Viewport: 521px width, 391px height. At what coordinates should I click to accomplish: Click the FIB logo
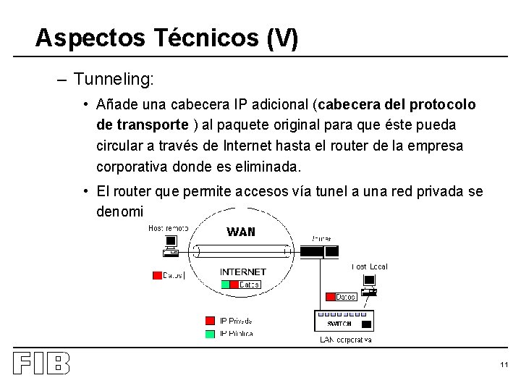coord(41,363)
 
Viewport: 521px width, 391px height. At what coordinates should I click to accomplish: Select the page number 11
coord(504,364)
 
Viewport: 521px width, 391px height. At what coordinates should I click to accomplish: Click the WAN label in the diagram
coord(241,232)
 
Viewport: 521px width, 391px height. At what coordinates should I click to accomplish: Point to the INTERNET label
coord(243,272)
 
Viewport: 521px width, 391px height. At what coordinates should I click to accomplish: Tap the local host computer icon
coord(369,285)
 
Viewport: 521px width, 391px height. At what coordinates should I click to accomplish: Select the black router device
coord(319,252)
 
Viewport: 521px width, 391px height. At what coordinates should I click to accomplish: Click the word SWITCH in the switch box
coord(339,324)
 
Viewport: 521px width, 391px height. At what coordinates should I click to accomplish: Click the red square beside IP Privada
coord(210,321)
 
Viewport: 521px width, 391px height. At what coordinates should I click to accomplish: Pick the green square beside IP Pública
coord(210,334)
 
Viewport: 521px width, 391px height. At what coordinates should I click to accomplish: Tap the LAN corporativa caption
coord(346,340)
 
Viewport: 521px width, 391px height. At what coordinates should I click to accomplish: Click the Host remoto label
coord(168,228)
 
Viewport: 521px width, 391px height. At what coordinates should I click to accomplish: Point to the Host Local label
coord(370,266)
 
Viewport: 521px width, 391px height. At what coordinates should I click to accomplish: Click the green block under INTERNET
coord(225,285)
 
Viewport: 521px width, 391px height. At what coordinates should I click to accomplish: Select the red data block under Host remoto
coord(157,275)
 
